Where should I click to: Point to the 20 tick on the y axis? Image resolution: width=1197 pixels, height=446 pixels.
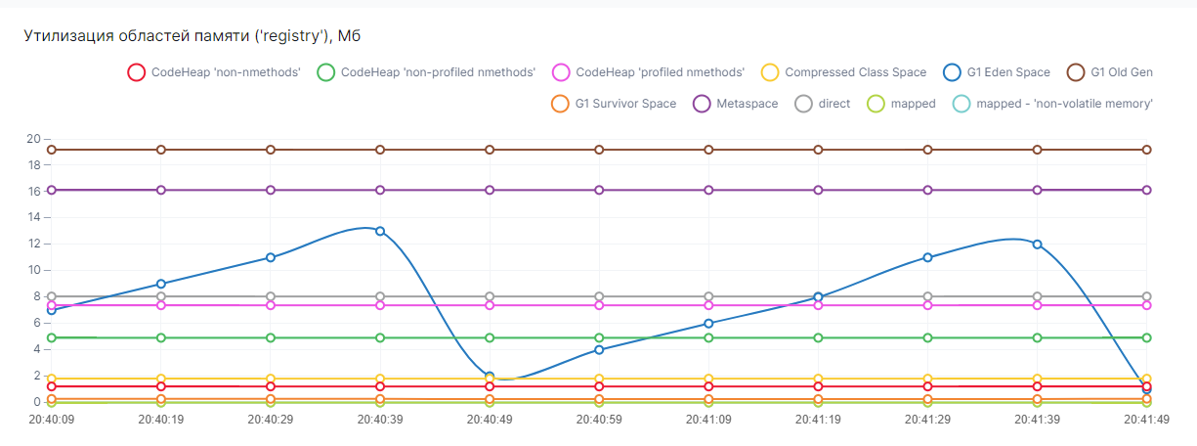[33, 139]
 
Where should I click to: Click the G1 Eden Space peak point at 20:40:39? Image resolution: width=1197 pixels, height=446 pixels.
[380, 231]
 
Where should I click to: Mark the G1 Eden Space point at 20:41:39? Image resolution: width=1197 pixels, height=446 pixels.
[1037, 245]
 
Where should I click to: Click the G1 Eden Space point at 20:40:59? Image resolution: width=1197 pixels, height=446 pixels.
[599, 349]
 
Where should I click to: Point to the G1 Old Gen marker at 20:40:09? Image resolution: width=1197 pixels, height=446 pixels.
[52, 150]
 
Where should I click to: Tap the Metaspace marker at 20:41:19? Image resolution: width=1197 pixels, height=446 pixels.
[818, 190]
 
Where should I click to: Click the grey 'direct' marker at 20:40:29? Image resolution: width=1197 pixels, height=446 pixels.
[271, 296]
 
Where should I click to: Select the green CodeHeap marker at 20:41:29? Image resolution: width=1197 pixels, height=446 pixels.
[927, 337]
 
